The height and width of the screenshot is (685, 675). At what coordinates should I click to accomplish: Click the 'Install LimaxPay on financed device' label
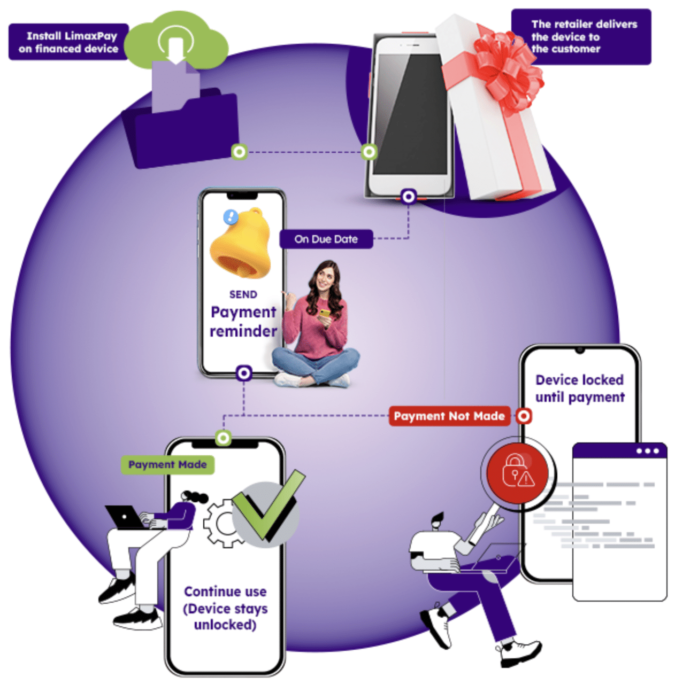pos(68,42)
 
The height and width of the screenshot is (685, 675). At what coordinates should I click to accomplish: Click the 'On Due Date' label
pos(326,239)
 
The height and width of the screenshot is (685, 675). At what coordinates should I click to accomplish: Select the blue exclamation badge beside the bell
pos(231,216)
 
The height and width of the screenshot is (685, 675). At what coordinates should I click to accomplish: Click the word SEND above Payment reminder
pos(243,294)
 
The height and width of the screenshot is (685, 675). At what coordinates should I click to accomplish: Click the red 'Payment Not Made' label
pos(449,416)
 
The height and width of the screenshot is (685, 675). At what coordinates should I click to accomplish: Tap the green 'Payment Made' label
pos(167,465)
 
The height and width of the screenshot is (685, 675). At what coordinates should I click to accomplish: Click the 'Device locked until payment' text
pos(580,388)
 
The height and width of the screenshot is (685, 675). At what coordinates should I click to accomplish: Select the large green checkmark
pos(267,508)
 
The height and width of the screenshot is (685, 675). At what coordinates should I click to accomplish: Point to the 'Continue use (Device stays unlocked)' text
pos(225,608)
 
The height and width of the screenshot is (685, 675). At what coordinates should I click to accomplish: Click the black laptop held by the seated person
pos(124,518)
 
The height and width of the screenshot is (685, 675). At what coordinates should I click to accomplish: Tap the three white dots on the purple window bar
pos(648,451)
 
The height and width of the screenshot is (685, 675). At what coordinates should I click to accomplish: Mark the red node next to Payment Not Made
pos(524,416)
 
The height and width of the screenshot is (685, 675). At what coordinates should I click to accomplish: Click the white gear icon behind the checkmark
pos(219,524)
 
